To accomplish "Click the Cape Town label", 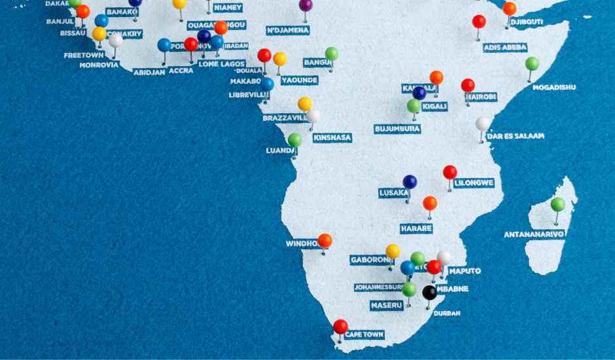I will (364, 334).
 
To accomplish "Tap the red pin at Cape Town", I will (340, 327).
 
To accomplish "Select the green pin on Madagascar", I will (557, 204).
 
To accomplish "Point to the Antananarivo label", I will (535, 234).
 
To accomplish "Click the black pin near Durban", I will (429, 293).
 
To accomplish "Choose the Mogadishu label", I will (554, 87).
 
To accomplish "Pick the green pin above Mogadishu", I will (532, 63).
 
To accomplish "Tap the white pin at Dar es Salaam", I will (482, 124).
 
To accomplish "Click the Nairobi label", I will (481, 97).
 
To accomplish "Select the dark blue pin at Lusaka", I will (410, 181).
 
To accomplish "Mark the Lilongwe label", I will (474, 183).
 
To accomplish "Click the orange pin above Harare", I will (430, 203).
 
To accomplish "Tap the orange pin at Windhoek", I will (325, 241).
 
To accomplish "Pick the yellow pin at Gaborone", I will (393, 251).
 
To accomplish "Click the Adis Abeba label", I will (505, 48).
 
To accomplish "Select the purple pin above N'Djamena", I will (306, 5).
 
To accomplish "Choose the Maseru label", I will (386, 306).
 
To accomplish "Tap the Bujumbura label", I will (397, 129).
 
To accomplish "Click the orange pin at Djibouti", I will (509, 9).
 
